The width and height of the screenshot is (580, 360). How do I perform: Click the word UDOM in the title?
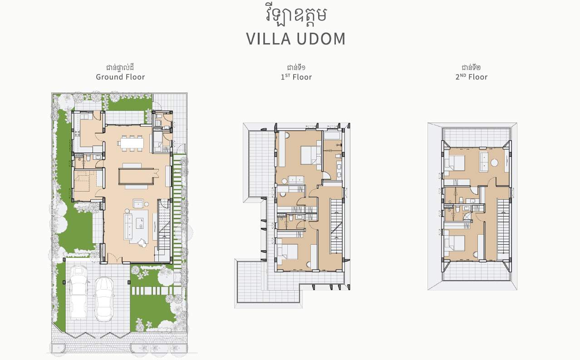pos(321,39)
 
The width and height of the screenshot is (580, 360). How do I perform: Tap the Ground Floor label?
pos(120,77)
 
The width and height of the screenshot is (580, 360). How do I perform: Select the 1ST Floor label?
pos(296,77)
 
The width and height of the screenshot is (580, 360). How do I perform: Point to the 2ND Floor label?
pos(472,77)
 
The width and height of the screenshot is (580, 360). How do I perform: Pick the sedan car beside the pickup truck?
pos(104,300)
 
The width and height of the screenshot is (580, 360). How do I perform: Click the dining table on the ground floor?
pos(132,143)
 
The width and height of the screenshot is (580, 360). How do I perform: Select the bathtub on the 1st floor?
pos(332,135)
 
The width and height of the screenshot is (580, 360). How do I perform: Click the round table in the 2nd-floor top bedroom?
pos(495,163)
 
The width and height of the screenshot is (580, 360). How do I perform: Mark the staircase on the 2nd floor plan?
pos(503,226)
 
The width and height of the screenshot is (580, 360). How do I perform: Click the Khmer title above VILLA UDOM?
pos(296,16)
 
